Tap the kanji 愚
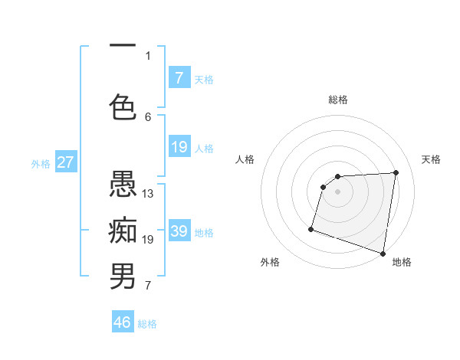coord(123,184)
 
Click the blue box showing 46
coord(123,322)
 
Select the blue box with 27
coord(65,162)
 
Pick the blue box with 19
coord(179,147)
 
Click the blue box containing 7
coord(179,78)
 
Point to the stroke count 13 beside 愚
coord(148,194)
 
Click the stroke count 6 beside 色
coord(148,116)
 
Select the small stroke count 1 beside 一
coord(148,55)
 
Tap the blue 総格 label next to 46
coord(148,324)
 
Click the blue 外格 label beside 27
coord(41,163)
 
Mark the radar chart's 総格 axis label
coord(338,100)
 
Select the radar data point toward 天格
coord(396,172)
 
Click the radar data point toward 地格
coord(383,253)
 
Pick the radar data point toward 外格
coord(311,228)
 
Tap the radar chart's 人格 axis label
coord(245,159)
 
